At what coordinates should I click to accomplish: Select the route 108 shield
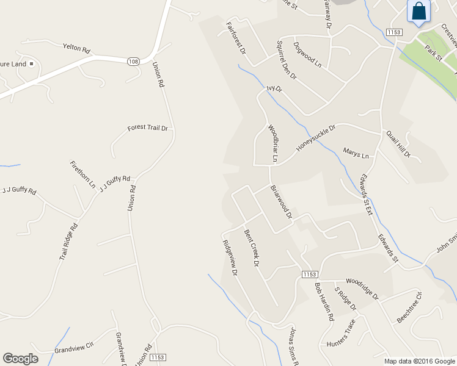133,62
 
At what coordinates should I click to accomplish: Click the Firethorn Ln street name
83,174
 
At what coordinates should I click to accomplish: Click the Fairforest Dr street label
235,39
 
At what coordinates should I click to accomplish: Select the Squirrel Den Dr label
286,60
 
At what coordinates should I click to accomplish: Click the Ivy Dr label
274,88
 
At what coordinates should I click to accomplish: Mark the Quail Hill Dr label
398,144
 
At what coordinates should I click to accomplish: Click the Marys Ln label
356,153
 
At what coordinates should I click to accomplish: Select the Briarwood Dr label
282,202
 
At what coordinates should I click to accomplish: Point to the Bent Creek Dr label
252,248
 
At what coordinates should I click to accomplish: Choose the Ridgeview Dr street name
230,257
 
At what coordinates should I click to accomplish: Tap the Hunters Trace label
340,334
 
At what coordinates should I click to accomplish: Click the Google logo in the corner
21,359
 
